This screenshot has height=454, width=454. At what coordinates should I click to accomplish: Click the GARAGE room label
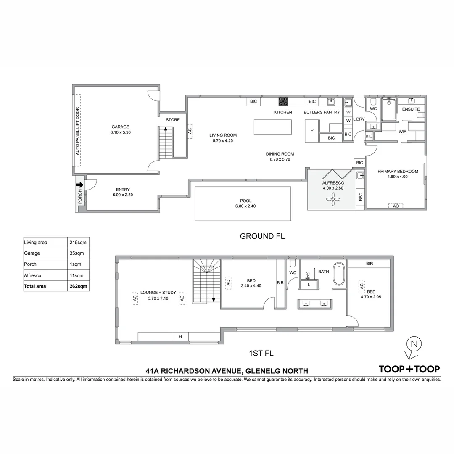(x=120, y=127)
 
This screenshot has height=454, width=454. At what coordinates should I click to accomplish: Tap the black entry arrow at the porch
(x=79, y=184)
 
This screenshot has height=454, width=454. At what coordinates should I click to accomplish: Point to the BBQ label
(x=360, y=196)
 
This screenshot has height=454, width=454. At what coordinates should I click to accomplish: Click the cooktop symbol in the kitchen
(x=283, y=101)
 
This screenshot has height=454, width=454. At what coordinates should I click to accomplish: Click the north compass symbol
(x=414, y=344)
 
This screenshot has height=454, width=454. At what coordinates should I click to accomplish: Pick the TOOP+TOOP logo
(x=409, y=369)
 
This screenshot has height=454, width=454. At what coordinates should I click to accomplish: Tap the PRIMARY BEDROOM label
(x=398, y=171)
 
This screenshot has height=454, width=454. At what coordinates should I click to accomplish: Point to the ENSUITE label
(x=411, y=109)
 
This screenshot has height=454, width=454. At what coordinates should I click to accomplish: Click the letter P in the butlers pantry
(x=312, y=130)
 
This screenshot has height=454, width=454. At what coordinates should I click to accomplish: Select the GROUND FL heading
(x=262, y=236)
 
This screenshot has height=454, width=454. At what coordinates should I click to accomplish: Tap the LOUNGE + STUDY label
(x=158, y=293)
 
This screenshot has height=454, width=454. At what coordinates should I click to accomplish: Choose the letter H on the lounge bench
(x=180, y=336)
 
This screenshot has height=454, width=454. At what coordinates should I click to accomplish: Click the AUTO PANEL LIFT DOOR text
(x=77, y=131)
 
